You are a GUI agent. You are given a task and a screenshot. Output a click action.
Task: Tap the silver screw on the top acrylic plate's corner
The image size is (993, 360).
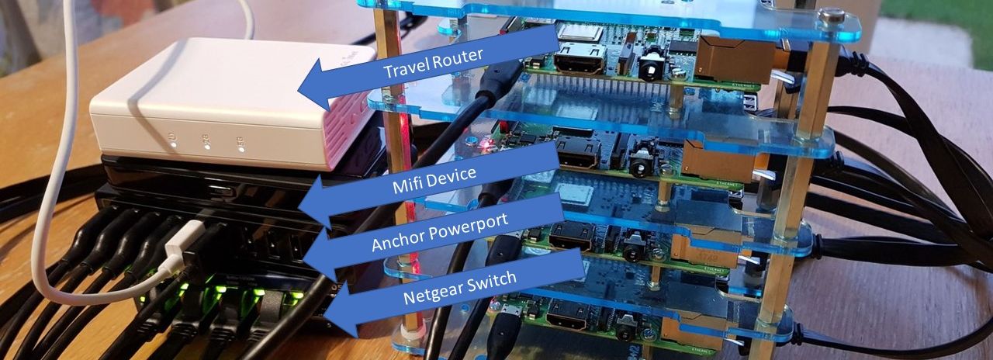pos(832,14)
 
